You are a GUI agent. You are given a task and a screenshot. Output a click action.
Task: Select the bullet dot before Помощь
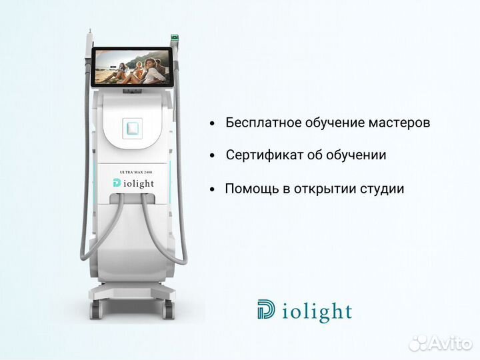point(212,189)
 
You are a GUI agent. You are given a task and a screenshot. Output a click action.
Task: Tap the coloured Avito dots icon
point(420,343)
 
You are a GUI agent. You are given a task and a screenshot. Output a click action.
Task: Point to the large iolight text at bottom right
point(317,311)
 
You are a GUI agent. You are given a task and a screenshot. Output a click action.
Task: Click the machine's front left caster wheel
point(95,309)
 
